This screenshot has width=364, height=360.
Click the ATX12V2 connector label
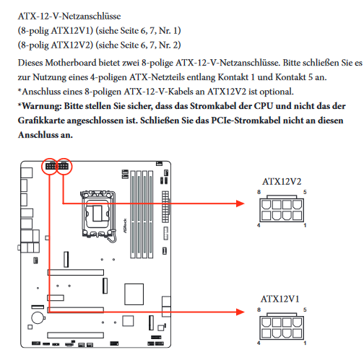[282, 182]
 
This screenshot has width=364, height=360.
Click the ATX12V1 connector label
[280, 299]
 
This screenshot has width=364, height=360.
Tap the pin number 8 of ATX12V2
[259, 192]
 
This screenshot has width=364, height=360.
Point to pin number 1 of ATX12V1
[305, 343]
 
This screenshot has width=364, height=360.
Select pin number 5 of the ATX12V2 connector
[305, 192]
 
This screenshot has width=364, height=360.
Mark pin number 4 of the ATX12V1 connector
[259, 343]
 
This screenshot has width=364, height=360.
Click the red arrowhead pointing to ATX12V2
[240, 203]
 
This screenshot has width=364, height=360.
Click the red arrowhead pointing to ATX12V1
[240, 312]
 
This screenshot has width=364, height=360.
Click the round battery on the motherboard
[38, 318]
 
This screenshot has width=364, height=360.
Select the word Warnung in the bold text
[41, 106]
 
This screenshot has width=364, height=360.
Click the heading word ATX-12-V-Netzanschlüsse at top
[69, 17]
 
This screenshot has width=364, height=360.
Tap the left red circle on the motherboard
[50, 166]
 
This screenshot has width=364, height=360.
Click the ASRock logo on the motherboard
[125, 226]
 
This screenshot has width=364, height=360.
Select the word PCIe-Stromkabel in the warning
[246, 120]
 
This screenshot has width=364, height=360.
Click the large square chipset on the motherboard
[134, 294]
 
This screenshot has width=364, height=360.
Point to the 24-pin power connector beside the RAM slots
[165, 207]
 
